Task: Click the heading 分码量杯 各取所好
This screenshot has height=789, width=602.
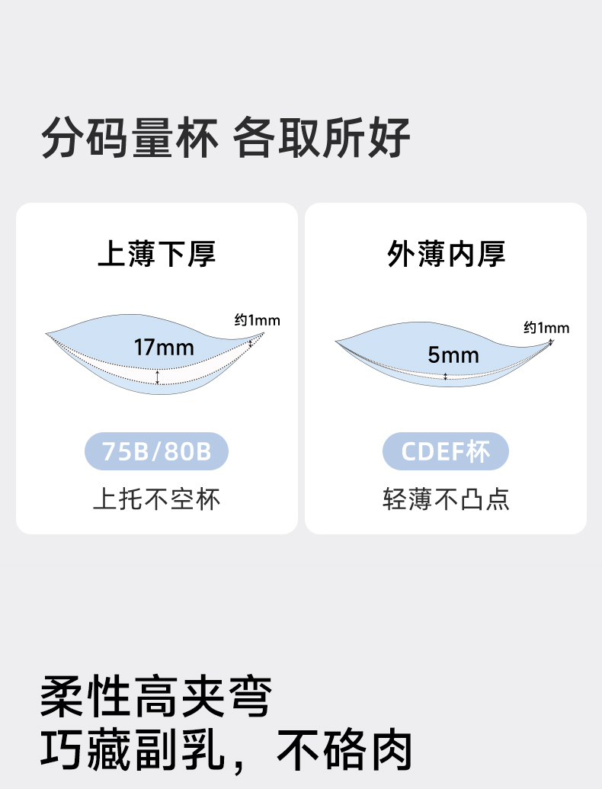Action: (226, 138)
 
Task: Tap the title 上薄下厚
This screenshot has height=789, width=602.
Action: (156, 254)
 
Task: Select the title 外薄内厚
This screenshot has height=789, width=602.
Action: (446, 254)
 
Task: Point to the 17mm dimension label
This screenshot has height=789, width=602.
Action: (164, 348)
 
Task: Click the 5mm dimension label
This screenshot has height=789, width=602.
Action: (453, 354)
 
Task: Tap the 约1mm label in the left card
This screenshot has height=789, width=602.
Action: (257, 320)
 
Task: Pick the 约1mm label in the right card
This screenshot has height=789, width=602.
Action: (546, 328)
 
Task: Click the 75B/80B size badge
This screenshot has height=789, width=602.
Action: (156, 452)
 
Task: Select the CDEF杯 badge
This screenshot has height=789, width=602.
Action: (446, 452)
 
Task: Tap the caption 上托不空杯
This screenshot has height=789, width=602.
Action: (156, 499)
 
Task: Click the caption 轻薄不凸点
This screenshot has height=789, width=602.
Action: (446, 499)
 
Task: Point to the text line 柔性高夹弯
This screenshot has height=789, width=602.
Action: (155, 697)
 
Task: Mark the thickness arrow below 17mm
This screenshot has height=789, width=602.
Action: (158, 377)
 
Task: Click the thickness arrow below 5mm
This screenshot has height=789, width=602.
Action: (446, 376)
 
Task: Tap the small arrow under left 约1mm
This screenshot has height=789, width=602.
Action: (251, 342)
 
